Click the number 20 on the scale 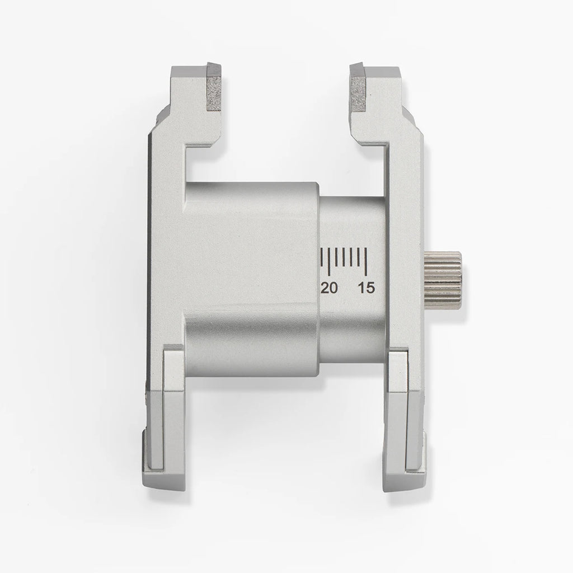(329, 288)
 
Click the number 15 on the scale (367, 288)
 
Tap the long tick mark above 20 (330, 261)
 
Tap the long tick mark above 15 (365, 261)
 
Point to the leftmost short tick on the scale (322, 257)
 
